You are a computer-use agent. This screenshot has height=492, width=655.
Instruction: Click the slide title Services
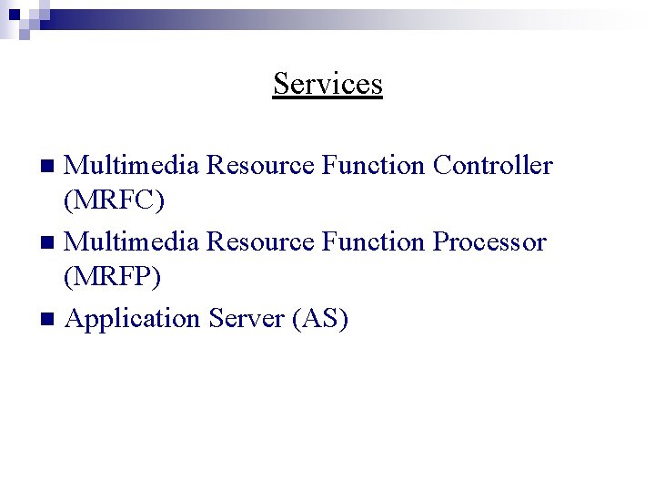pyautogui.click(x=327, y=84)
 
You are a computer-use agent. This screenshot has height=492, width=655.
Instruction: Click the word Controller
pyautogui.click(x=492, y=166)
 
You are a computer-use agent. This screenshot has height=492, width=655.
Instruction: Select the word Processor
pyautogui.click(x=489, y=242)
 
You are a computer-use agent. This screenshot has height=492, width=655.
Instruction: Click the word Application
pyautogui.click(x=133, y=319)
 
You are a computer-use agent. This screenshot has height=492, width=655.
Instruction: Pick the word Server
pyautogui.click(x=247, y=319)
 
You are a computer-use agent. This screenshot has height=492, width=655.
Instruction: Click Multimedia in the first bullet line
pyautogui.click(x=133, y=166)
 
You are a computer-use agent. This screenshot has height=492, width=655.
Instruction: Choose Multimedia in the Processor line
pyautogui.click(x=133, y=242)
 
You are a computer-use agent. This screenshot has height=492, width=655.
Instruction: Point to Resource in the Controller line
pyautogui.click(x=261, y=166)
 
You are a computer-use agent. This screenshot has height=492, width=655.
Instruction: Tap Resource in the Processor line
pyautogui.click(x=261, y=242)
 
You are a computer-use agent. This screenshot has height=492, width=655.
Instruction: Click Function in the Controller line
pyautogui.click(x=373, y=166)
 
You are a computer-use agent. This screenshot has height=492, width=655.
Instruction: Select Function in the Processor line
pyautogui.click(x=373, y=242)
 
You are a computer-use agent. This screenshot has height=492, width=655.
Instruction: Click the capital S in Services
pyautogui.click(x=281, y=84)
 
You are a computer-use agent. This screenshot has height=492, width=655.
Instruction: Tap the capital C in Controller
pyautogui.click(x=442, y=166)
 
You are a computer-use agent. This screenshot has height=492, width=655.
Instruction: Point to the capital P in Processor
pyautogui.click(x=440, y=242)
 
